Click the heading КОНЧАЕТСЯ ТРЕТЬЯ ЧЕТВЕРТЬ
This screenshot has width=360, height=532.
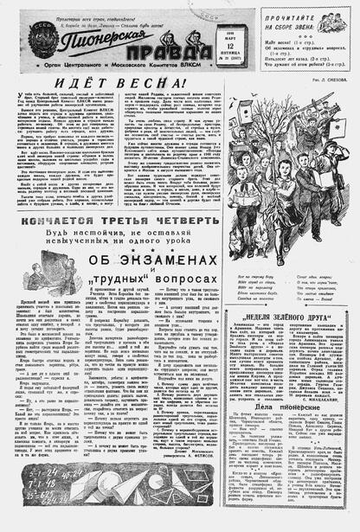(120, 223)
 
